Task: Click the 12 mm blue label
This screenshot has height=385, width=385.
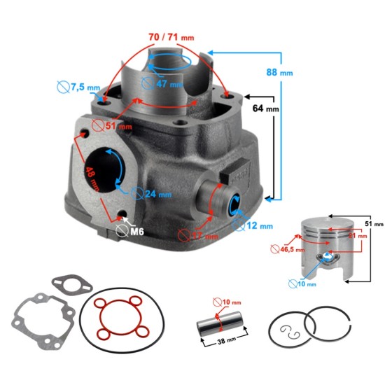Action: point(261,225)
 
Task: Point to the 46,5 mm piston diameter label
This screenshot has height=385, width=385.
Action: point(287,248)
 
